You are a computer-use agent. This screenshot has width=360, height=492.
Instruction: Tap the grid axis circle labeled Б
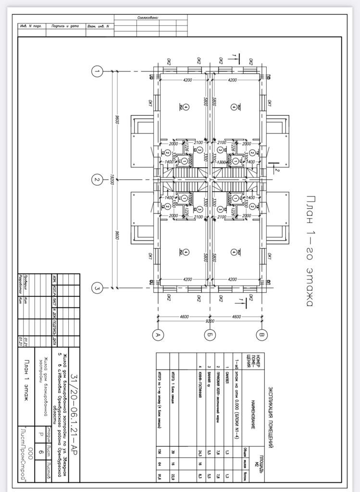209,334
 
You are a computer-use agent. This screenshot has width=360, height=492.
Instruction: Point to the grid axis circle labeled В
261,334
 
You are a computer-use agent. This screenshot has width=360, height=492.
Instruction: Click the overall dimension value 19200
111,180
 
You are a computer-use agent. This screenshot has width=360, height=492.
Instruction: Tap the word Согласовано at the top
148,17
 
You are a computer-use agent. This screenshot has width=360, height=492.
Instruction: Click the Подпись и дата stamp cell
65,26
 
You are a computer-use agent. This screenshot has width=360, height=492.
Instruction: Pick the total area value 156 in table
159,452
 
